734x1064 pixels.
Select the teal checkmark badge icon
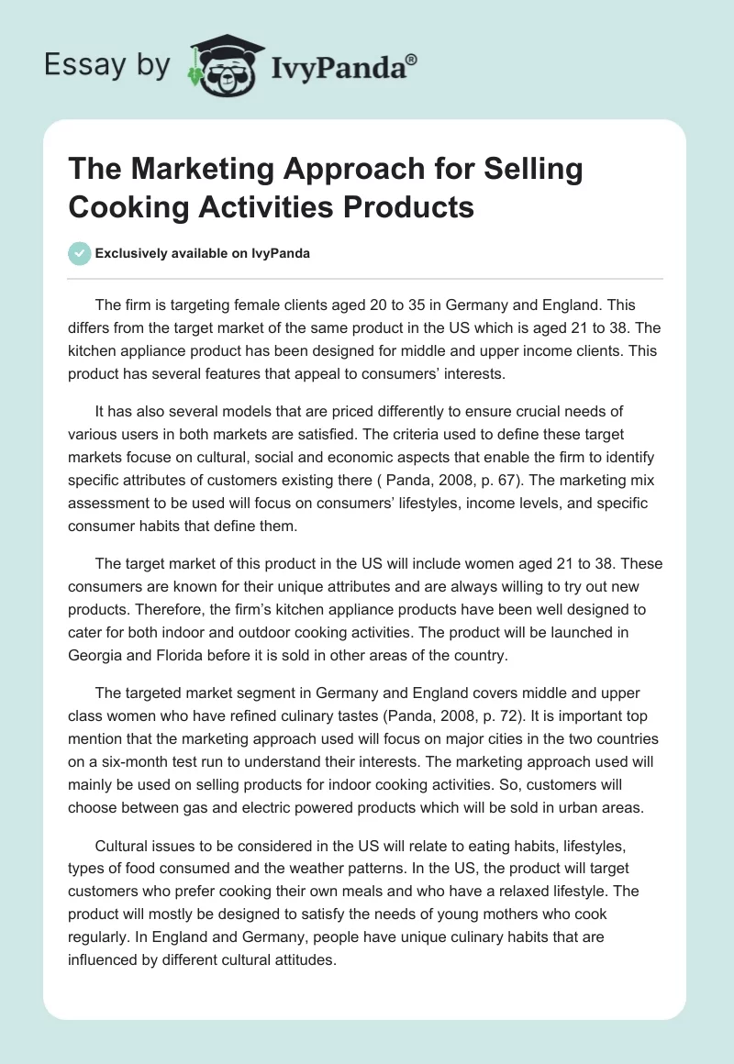(80, 253)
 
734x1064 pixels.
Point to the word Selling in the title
(533, 171)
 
